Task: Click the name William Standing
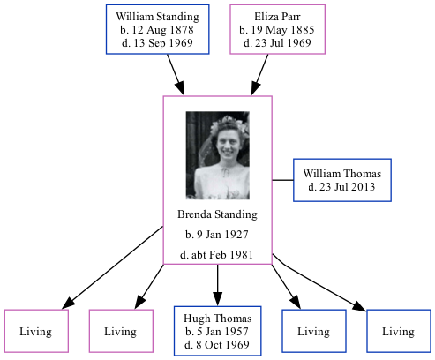[157, 17]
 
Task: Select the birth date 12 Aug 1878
[157, 29]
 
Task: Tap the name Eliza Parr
[276, 17]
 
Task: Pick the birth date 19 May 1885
[276, 29]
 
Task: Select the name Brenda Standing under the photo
[217, 214]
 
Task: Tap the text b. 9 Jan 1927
[217, 235]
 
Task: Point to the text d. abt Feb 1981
[217, 255]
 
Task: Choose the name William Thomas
[342, 174]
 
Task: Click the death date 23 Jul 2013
[342, 187]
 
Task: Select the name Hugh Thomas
[218, 319]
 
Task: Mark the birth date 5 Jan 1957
[218, 331]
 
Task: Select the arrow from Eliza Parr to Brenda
[261, 74]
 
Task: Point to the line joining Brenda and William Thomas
[282, 180]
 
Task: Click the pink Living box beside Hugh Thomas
[120, 332]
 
